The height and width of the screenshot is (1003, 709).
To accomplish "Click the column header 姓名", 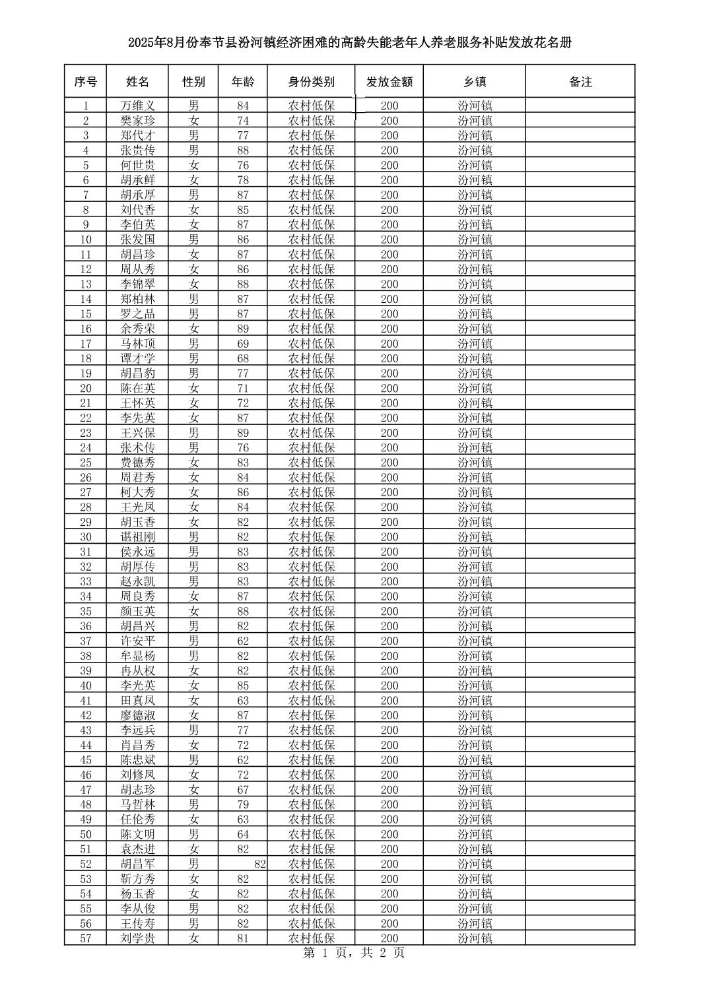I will pos(137,82).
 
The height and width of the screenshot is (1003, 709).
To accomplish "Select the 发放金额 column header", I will pos(389,82).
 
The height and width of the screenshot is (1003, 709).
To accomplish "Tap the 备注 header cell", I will pos(580,82).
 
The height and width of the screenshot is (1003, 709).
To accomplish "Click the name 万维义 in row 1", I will pos(137,106).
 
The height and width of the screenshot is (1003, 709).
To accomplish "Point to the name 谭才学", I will pos(137,358).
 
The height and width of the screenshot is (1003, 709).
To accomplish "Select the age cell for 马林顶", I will pos(243,344).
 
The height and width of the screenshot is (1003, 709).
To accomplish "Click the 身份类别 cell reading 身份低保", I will pos(312,358).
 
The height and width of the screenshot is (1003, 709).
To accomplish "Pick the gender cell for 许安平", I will pos(193,641).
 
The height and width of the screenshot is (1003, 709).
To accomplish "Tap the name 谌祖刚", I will pos(137,537).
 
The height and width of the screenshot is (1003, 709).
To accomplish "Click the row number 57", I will pos(85,938).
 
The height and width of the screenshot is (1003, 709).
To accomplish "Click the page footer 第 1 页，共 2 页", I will pos(353,953).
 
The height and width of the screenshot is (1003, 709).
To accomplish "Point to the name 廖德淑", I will pos(137,715).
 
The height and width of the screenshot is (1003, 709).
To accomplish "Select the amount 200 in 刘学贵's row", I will pos(389,938).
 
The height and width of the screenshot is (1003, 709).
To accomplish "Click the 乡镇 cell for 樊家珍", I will pos(475,121).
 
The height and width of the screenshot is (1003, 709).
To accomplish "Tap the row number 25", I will pos(85,463).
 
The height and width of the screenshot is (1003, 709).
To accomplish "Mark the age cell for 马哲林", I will pos(243,804).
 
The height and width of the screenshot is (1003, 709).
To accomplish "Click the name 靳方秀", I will pos(137,879).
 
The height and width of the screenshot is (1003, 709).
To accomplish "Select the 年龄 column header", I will pos(243,82).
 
